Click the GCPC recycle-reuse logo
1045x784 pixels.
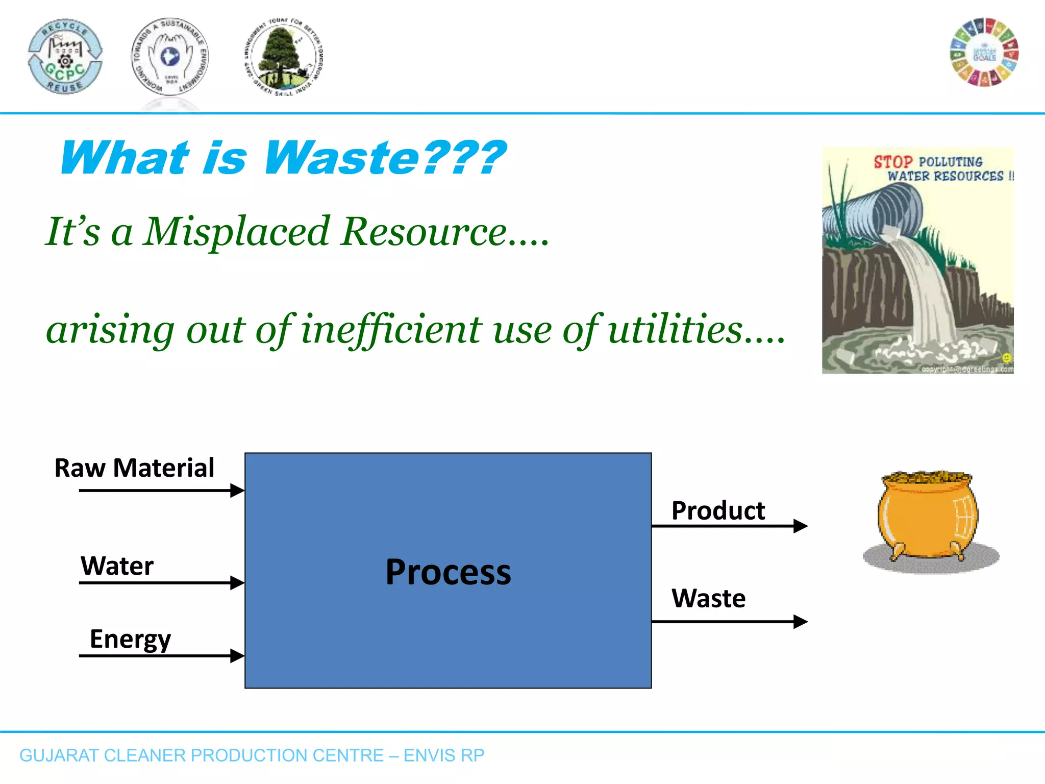pyautogui.click(x=65, y=56)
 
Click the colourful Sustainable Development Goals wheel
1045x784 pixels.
pyautogui.click(x=984, y=53)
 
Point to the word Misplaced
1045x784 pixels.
pyautogui.click(x=236, y=232)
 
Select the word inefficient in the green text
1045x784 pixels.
pyautogui.click(x=391, y=330)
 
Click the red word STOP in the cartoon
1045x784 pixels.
pyautogui.click(x=892, y=162)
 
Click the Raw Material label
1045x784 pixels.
pyautogui.click(x=134, y=468)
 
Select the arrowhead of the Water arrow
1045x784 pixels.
pyautogui.click(x=237, y=582)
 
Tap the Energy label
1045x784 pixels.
pyautogui.click(x=130, y=639)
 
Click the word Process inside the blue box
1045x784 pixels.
pyautogui.click(x=448, y=572)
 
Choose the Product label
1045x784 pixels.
pyautogui.click(x=718, y=510)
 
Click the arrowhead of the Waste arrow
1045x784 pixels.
pyautogui.click(x=801, y=621)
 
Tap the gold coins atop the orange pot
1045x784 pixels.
pyautogui.click(x=927, y=478)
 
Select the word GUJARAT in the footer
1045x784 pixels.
pyautogui.click(x=58, y=755)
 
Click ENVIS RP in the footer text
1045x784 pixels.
pyautogui.click(x=443, y=755)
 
